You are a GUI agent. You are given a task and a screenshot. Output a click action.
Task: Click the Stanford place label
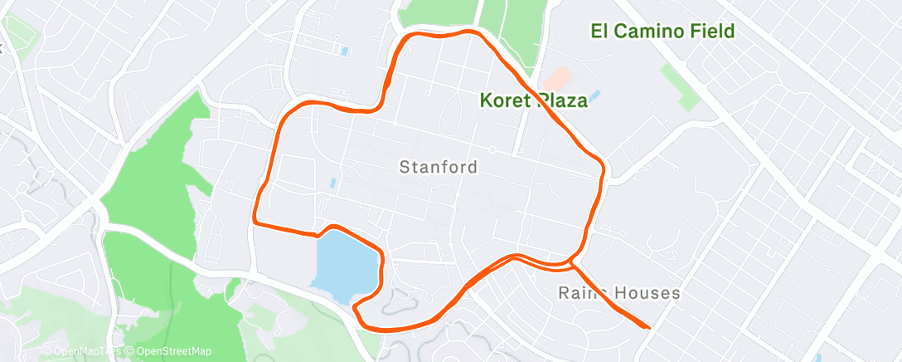click(x=439, y=167)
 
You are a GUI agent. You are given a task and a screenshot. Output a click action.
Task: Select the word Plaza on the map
click(x=562, y=101)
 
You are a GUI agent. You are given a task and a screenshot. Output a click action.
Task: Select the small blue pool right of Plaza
click(x=597, y=96)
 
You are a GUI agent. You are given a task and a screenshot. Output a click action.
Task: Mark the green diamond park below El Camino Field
click(x=681, y=86)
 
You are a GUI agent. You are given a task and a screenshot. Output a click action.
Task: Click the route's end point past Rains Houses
click(x=647, y=327)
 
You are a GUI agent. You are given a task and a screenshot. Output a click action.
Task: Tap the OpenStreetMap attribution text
click(x=169, y=351)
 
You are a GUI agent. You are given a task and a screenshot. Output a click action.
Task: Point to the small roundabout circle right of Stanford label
click(x=492, y=149)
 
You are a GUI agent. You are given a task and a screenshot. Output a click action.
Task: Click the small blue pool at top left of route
click(x=345, y=51)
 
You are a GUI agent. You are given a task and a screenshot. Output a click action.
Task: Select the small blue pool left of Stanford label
click(x=332, y=182)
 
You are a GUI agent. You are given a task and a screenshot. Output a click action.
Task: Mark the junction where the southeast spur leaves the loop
click(x=573, y=264)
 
